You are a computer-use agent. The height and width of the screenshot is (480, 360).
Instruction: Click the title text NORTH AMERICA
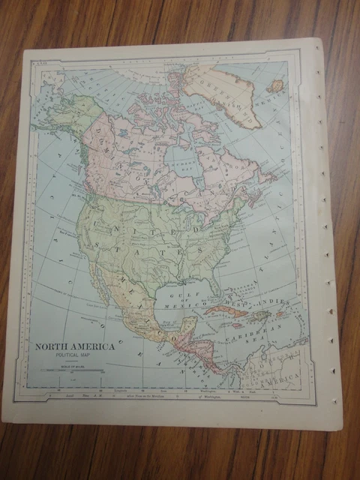[73, 346]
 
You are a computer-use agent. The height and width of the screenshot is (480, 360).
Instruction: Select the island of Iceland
[276, 85]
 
